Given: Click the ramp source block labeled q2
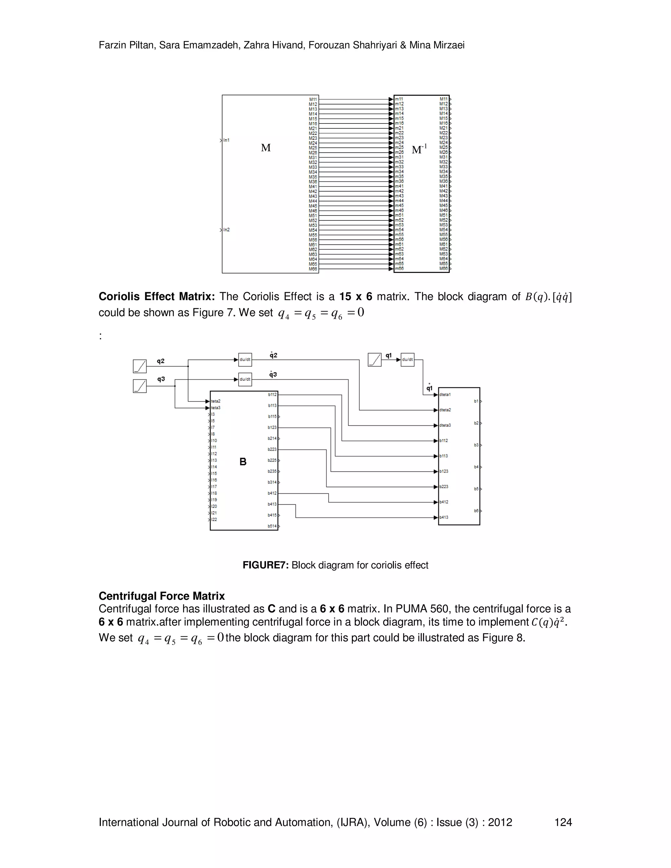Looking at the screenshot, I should pos(140,366).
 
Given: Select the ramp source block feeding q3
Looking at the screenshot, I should pos(140,386).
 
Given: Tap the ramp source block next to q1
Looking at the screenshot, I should pos(374,360).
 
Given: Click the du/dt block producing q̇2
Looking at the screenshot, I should pos(245,360).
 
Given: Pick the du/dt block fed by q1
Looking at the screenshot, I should pos(408,360).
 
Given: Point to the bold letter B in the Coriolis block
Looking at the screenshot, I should pos(243,462).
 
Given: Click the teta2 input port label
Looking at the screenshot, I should pos(216,401).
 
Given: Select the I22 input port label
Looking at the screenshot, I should pos(214,519).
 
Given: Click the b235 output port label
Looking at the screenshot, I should pos(272,471).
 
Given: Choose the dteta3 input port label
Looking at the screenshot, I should pos(445,425).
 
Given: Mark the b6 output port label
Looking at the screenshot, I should pos(476,511).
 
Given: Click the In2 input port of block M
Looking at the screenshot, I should pos(226,230).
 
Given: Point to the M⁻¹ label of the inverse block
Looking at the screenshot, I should pos(419,149).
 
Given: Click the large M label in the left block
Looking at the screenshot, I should pos(265,148).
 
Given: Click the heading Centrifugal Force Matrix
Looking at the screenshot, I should pos(162,596).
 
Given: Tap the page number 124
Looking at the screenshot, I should pos(563,822).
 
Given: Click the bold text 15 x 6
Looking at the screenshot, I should pos(355,297).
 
